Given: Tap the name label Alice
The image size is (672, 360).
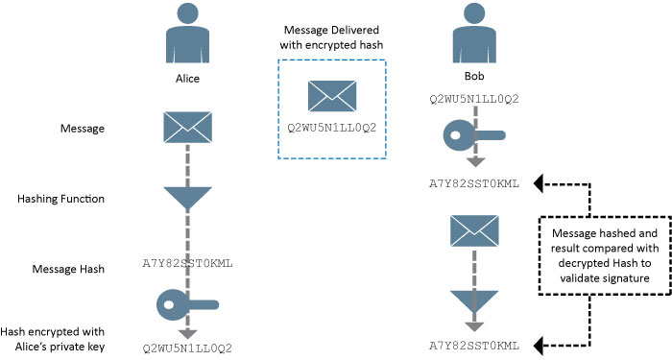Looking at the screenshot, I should click(187, 83).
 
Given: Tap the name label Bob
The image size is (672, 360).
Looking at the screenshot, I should click(470, 75).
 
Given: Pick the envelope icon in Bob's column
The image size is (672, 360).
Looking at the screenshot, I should click(470, 230).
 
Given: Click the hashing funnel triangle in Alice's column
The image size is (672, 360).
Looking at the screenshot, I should click(187, 198).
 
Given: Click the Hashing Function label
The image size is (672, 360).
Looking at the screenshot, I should click(60, 200).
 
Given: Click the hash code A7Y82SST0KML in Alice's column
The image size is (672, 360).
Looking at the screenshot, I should click(187, 263).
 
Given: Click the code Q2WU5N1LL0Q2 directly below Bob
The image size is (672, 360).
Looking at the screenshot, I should click(474, 99).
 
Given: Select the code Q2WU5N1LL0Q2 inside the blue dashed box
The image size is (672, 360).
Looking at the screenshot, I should click(330, 126).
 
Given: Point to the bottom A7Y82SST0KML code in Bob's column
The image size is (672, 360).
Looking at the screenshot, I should click(474, 345).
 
